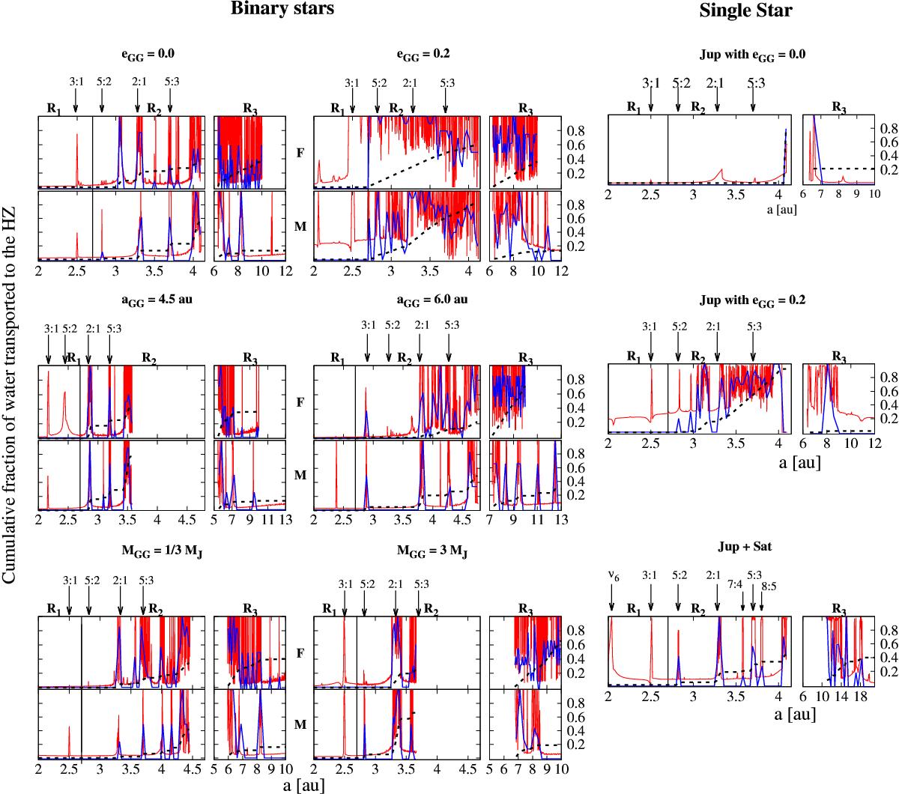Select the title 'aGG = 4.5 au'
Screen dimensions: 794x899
[152, 301]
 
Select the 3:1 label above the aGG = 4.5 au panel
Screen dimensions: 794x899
[51, 327]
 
